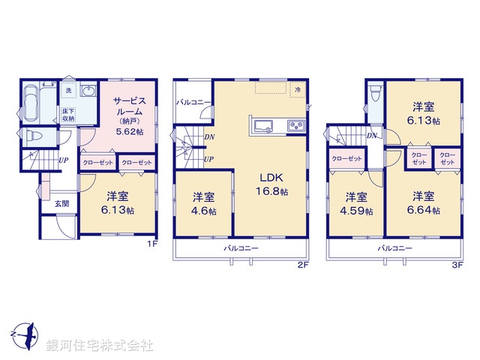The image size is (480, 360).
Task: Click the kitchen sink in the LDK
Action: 265,125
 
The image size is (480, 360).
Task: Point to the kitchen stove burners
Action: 296,125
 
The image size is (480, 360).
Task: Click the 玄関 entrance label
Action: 61,203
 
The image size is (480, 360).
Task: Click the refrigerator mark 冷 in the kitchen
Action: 297,91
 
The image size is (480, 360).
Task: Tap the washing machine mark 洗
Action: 68,91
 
